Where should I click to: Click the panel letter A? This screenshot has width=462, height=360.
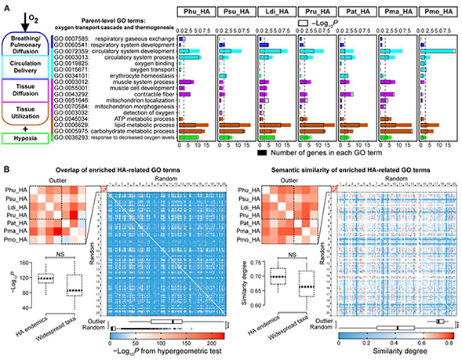[6, 5]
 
